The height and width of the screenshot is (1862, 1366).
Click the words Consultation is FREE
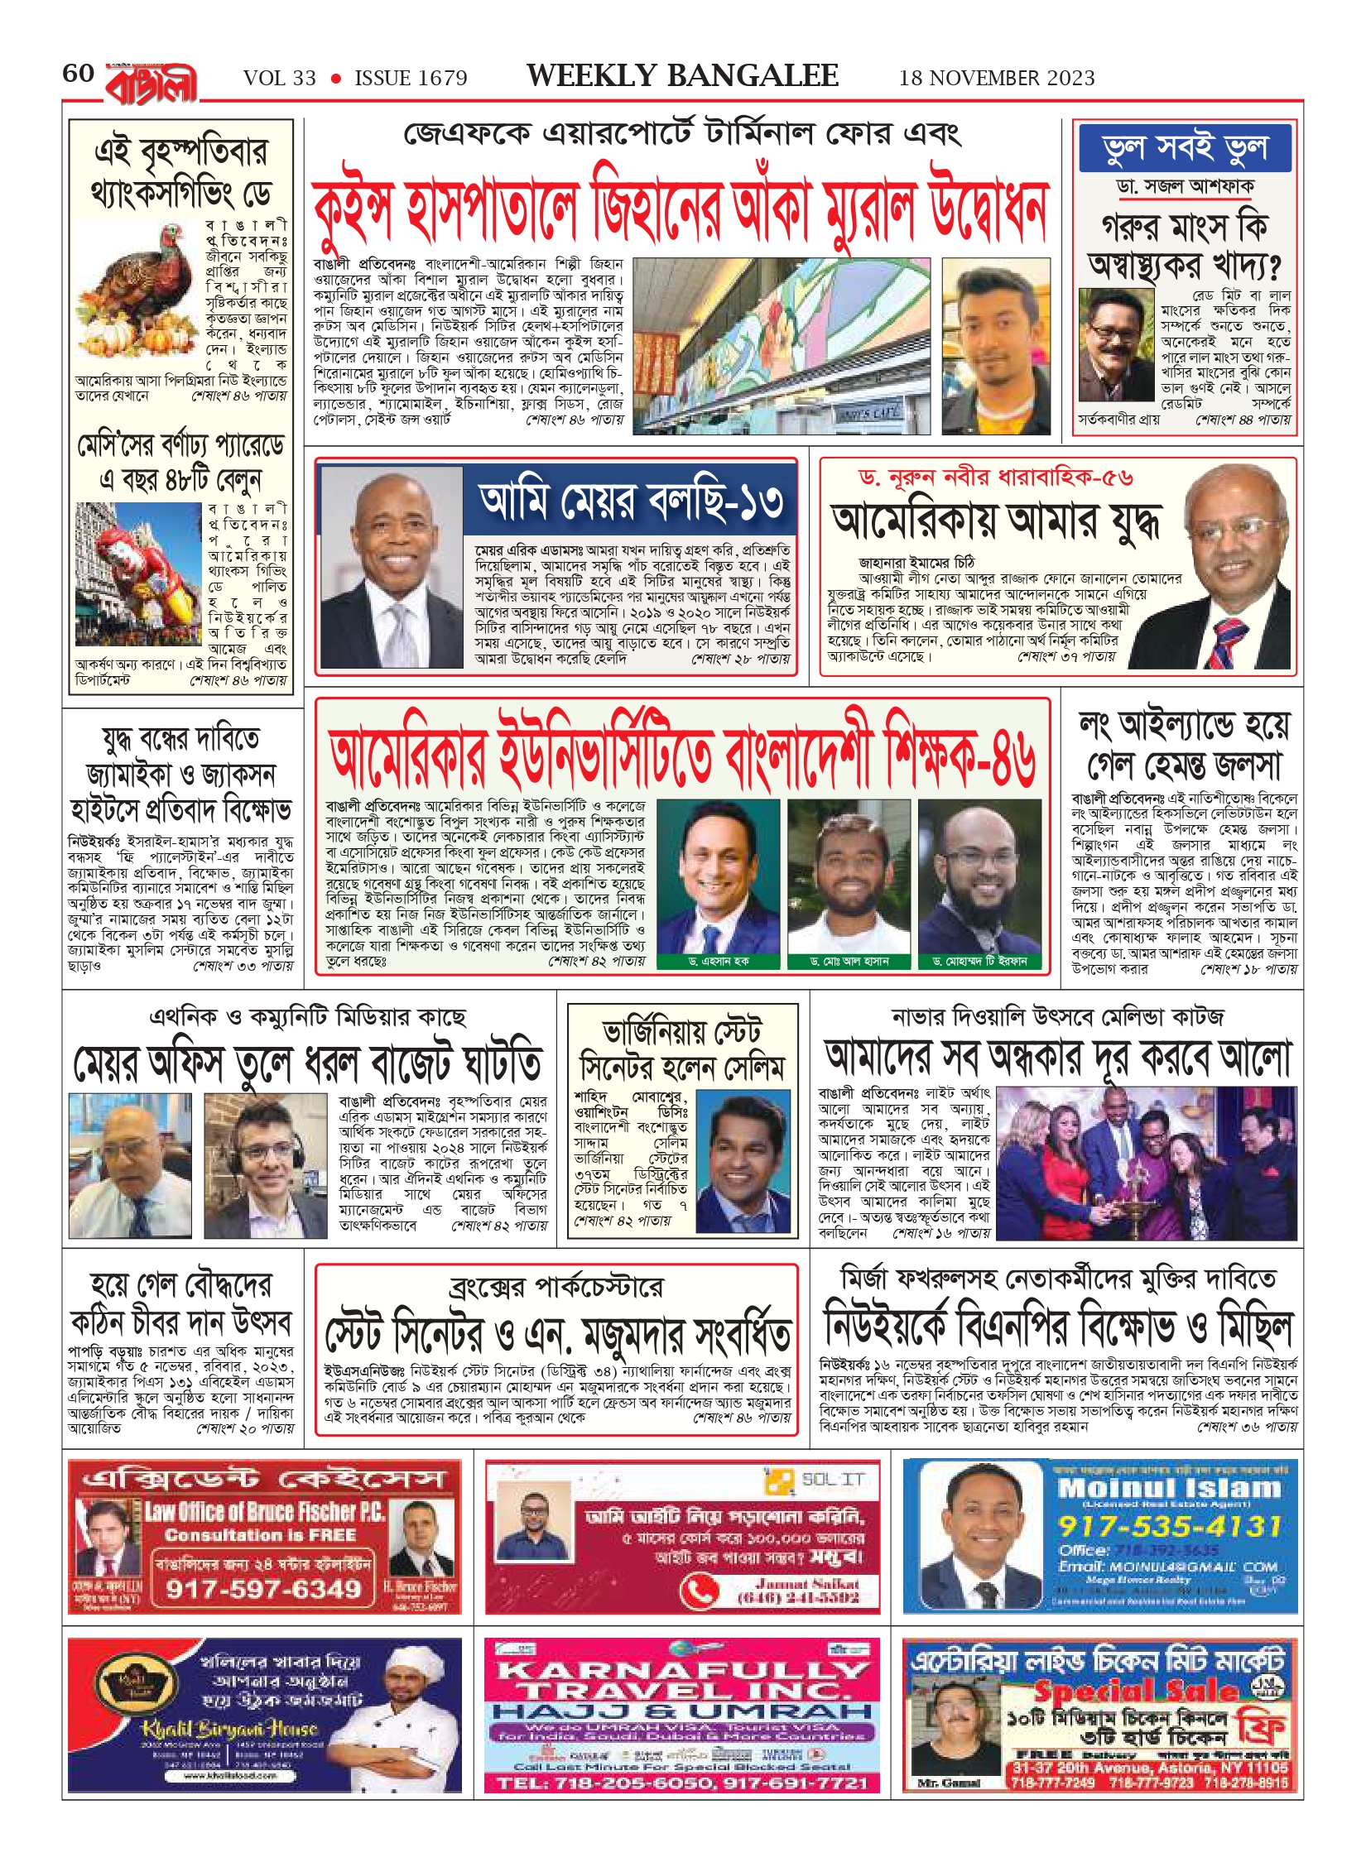point(260,1535)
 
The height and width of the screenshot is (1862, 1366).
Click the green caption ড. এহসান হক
point(718,961)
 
